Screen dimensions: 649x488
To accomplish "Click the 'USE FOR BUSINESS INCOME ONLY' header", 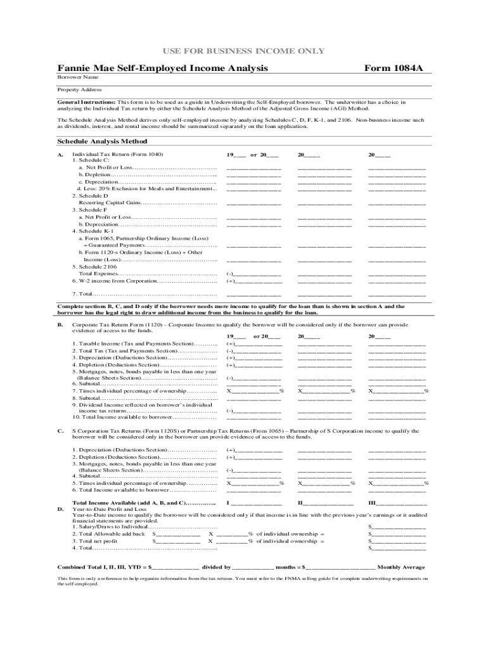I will [x=245, y=51].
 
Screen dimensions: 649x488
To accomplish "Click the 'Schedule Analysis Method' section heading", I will [x=102, y=141].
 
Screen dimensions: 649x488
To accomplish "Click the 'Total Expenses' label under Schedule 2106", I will [x=99, y=273].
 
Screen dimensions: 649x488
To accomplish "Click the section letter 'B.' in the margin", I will [x=60, y=324].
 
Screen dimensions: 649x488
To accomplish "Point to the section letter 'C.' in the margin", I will [x=60, y=430].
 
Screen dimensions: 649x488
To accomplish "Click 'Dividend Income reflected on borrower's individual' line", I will [x=142, y=404].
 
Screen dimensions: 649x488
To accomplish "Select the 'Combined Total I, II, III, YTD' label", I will [x=101, y=567].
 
